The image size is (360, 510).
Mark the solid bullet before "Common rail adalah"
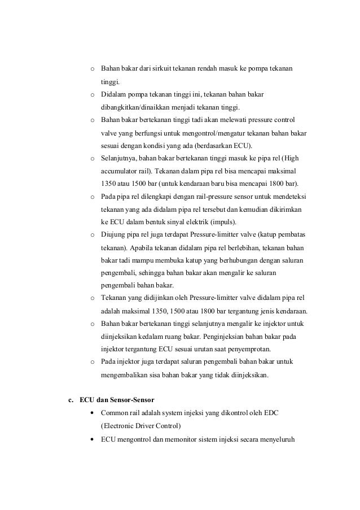click(93, 413)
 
